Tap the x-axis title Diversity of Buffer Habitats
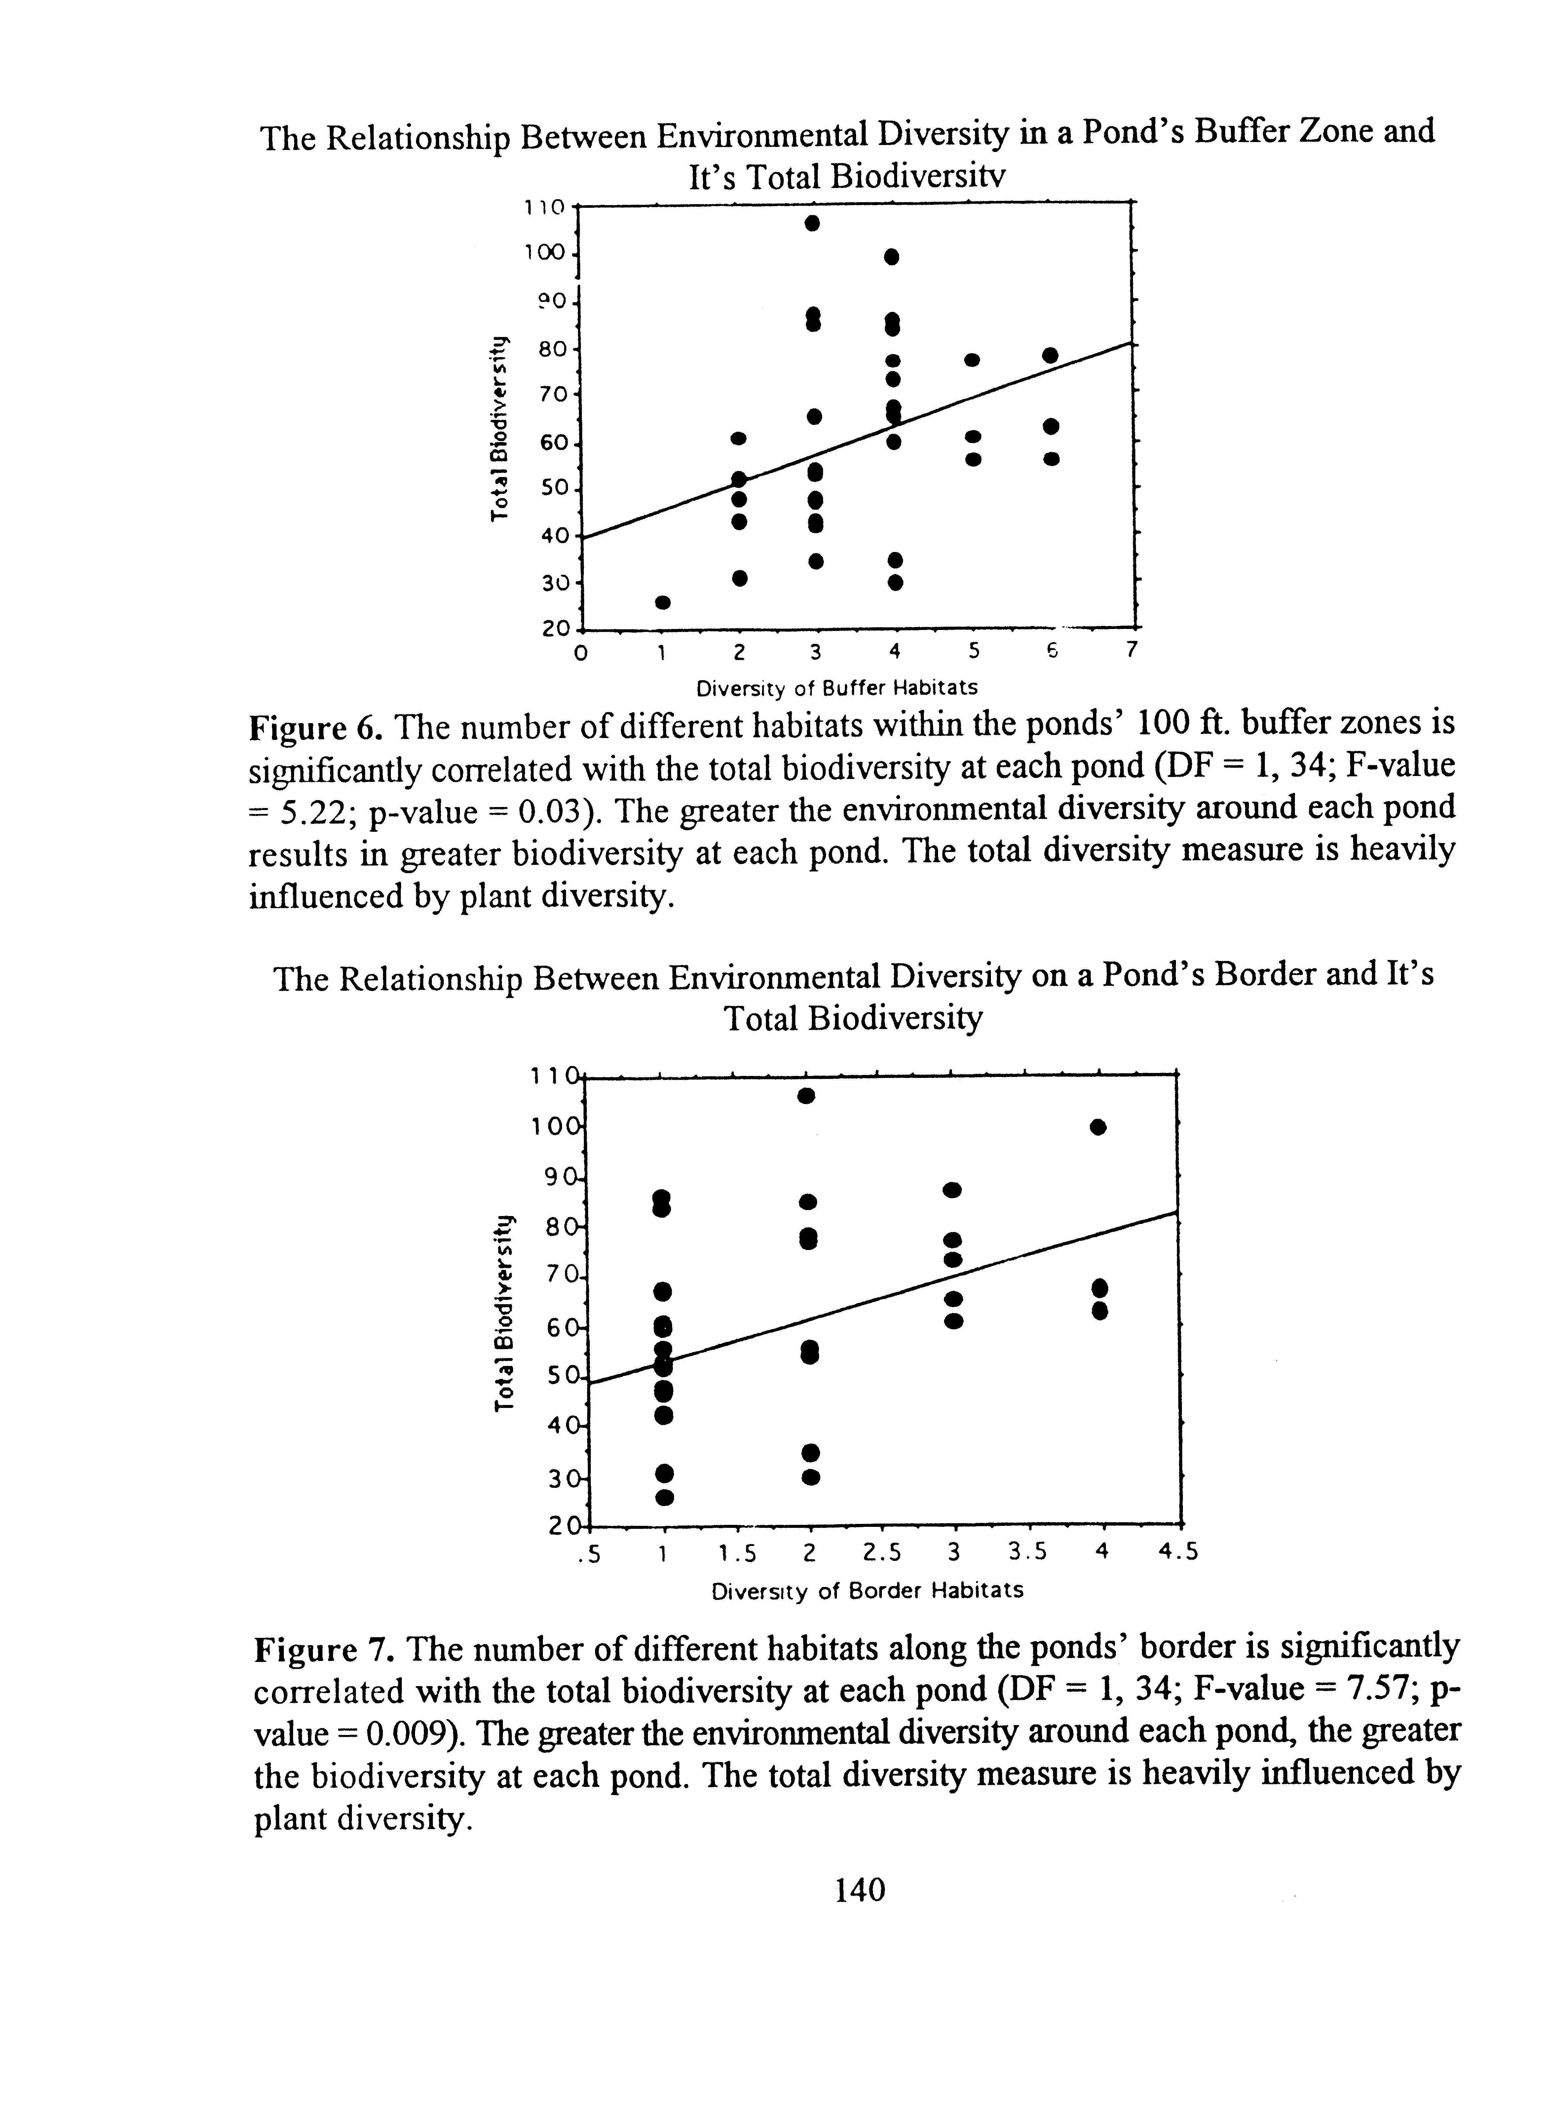point(836,688)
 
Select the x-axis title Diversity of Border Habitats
point(867,1591)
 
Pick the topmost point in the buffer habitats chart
point(813,223)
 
